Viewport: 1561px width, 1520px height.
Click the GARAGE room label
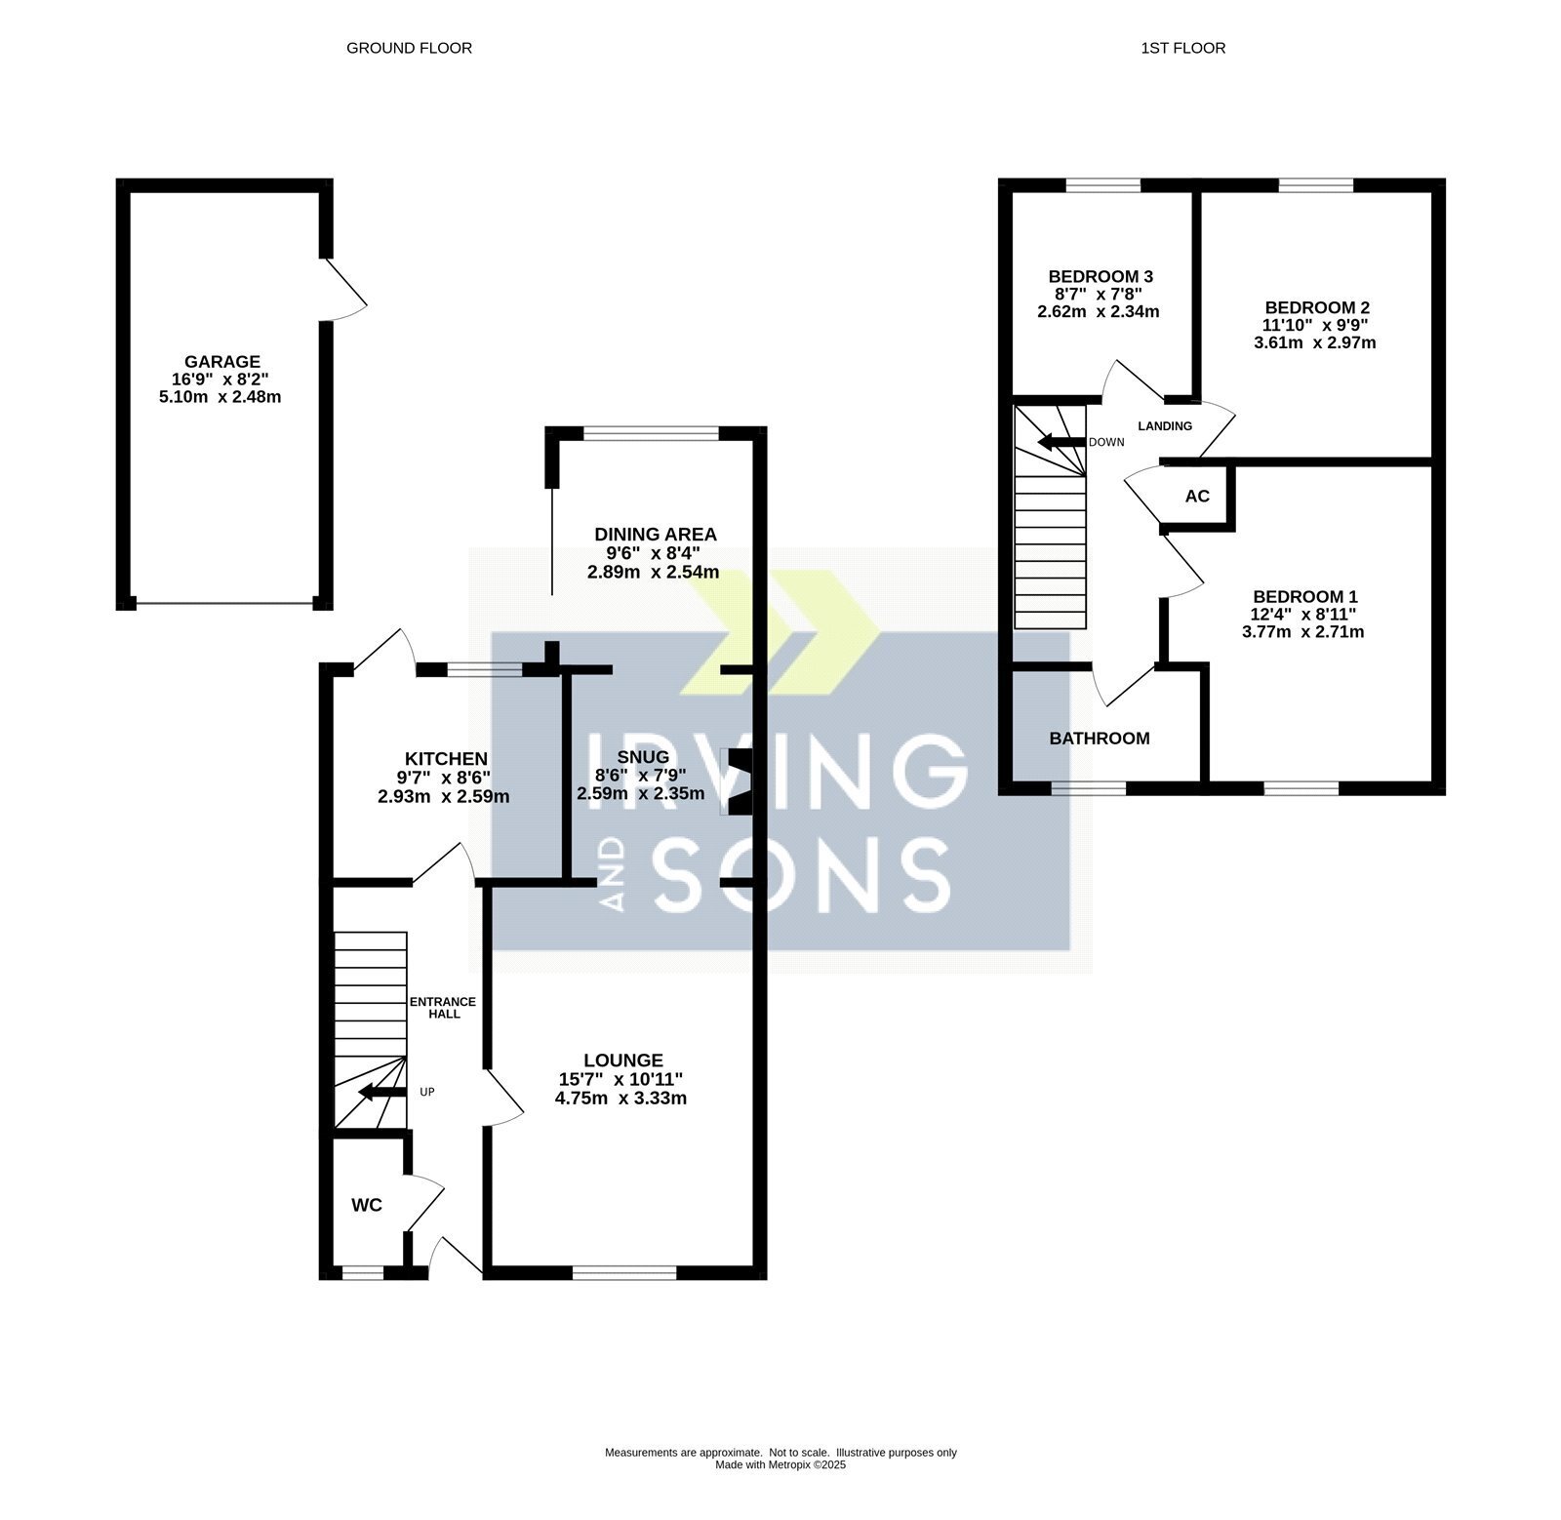pos(222,361)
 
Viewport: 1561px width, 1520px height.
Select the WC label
pos(367,1205)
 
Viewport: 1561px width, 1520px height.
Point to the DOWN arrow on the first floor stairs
pos(1061,442)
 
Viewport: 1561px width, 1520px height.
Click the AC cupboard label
pos(1197,496)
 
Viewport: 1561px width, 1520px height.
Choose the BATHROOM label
pos(1100,739)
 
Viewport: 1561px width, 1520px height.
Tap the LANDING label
pos(1165,425)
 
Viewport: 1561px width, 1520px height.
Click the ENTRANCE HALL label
pos(442,1008)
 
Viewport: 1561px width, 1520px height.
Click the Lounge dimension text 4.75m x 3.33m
pos(620,1098)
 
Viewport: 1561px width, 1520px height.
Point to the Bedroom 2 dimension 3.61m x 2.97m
pos(1315,342)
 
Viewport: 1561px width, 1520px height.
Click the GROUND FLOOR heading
pos(409,48)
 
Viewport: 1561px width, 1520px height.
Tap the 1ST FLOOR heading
pos(1182,48)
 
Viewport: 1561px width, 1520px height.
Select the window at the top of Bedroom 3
pos(1103,184)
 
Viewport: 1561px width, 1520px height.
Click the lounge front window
pos(624,1272)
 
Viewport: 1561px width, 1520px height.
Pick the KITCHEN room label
pos(446,759)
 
